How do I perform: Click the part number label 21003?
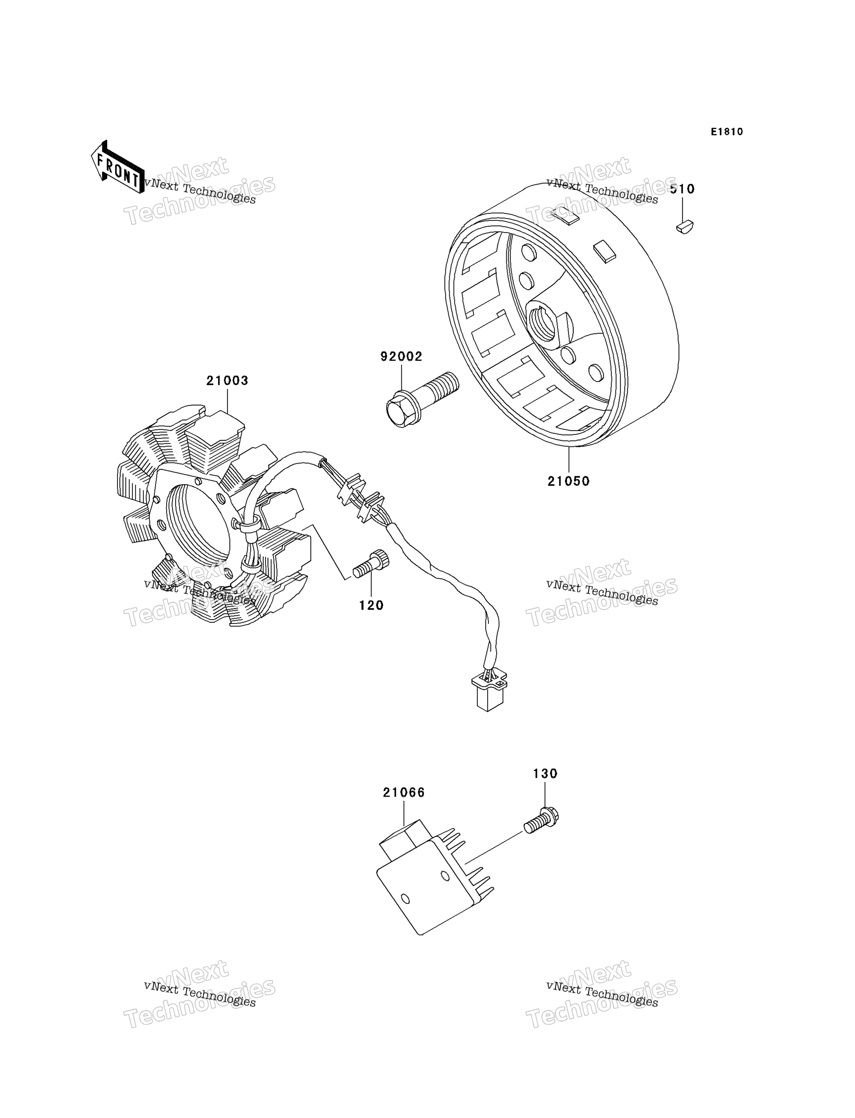(x=227, y=381)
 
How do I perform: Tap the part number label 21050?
(x=568, y=481)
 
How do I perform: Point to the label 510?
(x=682, y=189)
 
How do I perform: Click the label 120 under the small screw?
(x=371, y=606)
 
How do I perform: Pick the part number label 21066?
(x=404, y=792)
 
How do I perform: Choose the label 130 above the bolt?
(x=545, y=774)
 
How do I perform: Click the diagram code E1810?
(x=727, y=132)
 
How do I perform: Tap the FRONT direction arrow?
(x=117, y=167)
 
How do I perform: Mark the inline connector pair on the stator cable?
(x=361, y=498)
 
